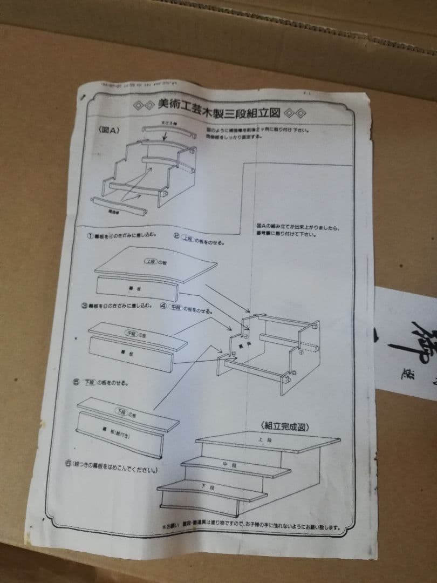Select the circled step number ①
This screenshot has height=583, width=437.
tap(91, 236)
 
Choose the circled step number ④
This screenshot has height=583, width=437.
tap(164, 308)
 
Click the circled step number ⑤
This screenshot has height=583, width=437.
tap(77, 382)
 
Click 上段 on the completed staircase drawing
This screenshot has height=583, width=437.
tap(261, 439)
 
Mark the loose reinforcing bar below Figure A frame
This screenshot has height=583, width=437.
tap(119, 205)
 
